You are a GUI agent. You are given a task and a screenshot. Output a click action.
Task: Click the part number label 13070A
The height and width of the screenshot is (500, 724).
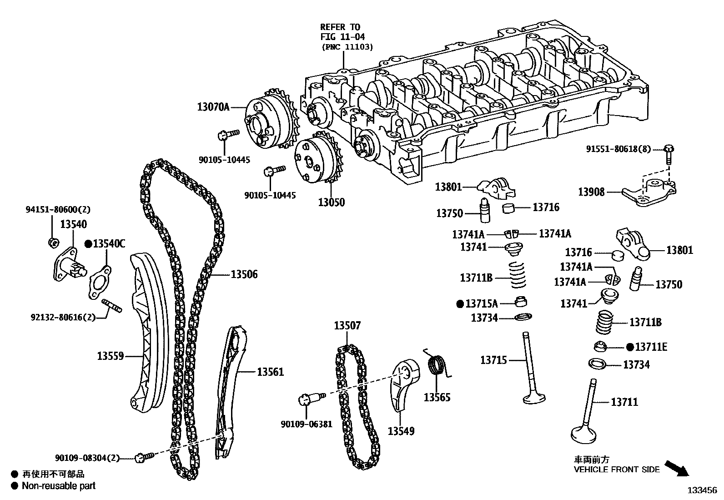click(213, 107)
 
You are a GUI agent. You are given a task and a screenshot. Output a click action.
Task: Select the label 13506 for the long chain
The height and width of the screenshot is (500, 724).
click(244, 274)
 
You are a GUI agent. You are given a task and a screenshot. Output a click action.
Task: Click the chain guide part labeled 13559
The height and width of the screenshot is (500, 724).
click(148, 332)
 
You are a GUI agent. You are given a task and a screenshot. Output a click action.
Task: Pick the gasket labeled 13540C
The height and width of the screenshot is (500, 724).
click(100, 285)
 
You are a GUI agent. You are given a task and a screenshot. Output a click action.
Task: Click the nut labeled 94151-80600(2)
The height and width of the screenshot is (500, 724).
click(53, 242)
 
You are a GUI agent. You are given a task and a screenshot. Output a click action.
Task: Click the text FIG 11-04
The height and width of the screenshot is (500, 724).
click(342, 36)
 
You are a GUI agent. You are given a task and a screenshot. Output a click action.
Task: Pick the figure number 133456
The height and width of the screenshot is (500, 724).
click(702, 490)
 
